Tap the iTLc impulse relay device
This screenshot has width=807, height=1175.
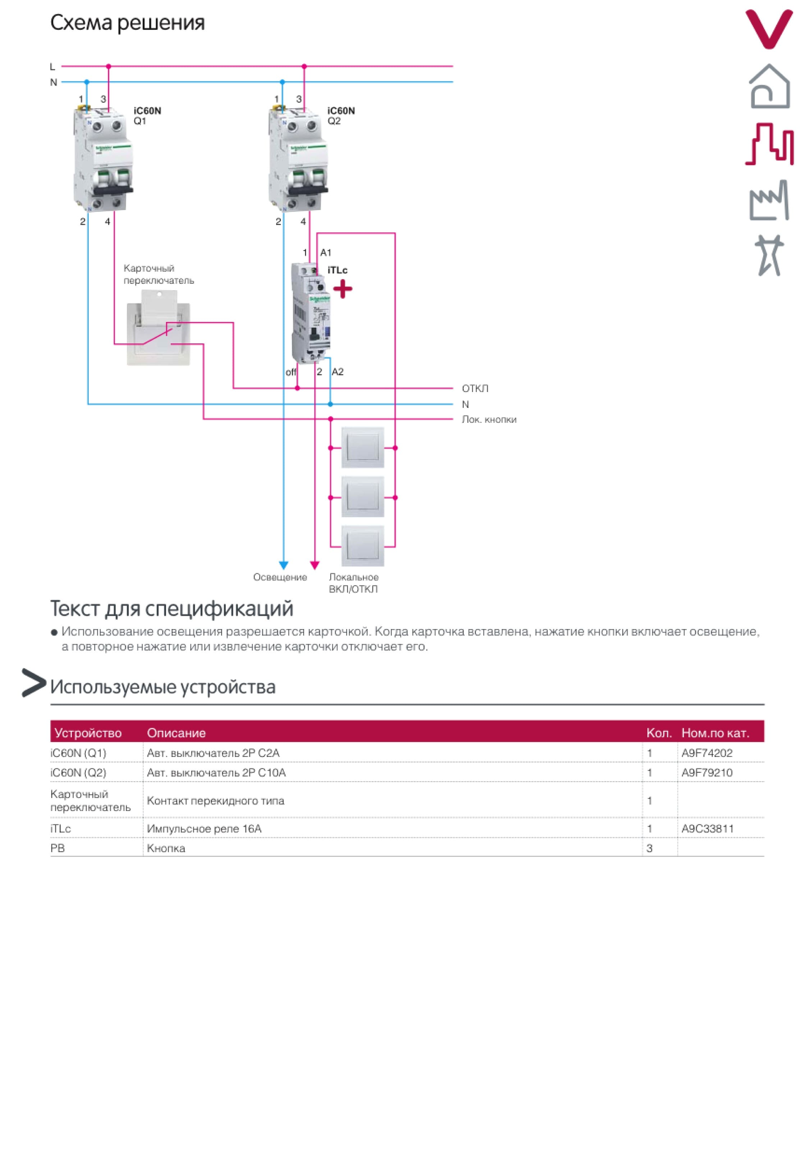pyautogui.click(x=311, y=314)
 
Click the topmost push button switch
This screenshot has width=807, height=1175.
pyautogui.click(x=363, y=448)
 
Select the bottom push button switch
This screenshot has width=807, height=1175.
pyautogui.click(x=363, y=546)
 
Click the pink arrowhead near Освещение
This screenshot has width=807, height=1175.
pyautogui.click(x=315, y=565)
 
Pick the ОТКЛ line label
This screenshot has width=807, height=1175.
pyautogui.click(x=475, y=388)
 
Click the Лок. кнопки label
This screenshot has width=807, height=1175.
pyautogui.click(x=489, y=419)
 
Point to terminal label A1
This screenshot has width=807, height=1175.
pyautogui.click(x=326, y=252)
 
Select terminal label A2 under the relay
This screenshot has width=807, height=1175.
pyautogui.click(x=337, y=372)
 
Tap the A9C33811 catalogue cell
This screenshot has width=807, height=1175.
pyautogui.click(x=707, y=829)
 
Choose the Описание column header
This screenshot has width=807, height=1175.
pyautogui.click(x=176, y=733)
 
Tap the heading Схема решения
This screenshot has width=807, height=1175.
pyautogui.click(x=127, y=23)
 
